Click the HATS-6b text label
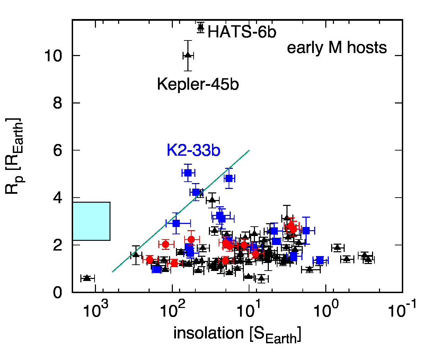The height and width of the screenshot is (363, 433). point(242,33)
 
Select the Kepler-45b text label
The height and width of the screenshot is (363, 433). point(198,84)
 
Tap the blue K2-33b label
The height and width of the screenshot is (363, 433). point(193,151)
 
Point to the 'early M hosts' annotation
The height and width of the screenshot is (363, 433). point(337,48)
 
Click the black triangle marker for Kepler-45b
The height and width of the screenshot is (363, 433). point(188,55)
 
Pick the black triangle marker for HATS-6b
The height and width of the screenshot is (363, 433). point(200,28)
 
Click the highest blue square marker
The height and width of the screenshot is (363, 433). point(188,173)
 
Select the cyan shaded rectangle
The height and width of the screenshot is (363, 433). point(91,221)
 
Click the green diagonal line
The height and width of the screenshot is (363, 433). point(180,211)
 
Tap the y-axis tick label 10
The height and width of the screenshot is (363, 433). point(53,56)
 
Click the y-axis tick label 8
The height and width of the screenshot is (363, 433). point(58,103)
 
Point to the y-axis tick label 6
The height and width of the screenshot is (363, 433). point(58,151)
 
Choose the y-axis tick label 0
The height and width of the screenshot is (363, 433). point(58,293)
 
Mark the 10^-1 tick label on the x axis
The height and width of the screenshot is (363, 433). point(401,309)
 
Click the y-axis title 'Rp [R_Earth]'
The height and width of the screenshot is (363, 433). point(15,156)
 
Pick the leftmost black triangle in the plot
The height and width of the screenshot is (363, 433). point(87,278)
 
